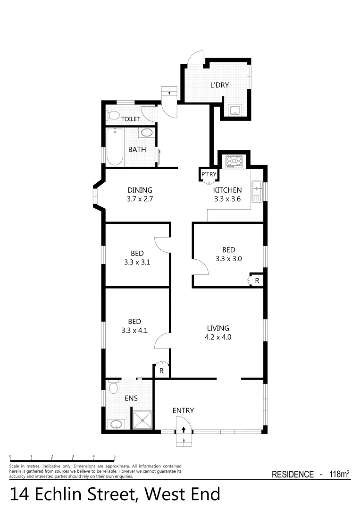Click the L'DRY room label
click(219, 85)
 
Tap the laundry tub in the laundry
click(234, 111)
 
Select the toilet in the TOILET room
click(113, 115)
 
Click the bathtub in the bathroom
click(115, 147)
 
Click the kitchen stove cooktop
click(234, 162)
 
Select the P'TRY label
click(209, 174)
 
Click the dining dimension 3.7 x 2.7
click(140, 199)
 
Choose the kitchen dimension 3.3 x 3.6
click(227, 199)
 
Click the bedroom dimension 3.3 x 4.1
click(134, 331)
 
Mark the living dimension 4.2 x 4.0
click(218, 337)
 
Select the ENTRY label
click(183, 410)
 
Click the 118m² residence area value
click(339, 474)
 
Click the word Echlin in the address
click(88, 494)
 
